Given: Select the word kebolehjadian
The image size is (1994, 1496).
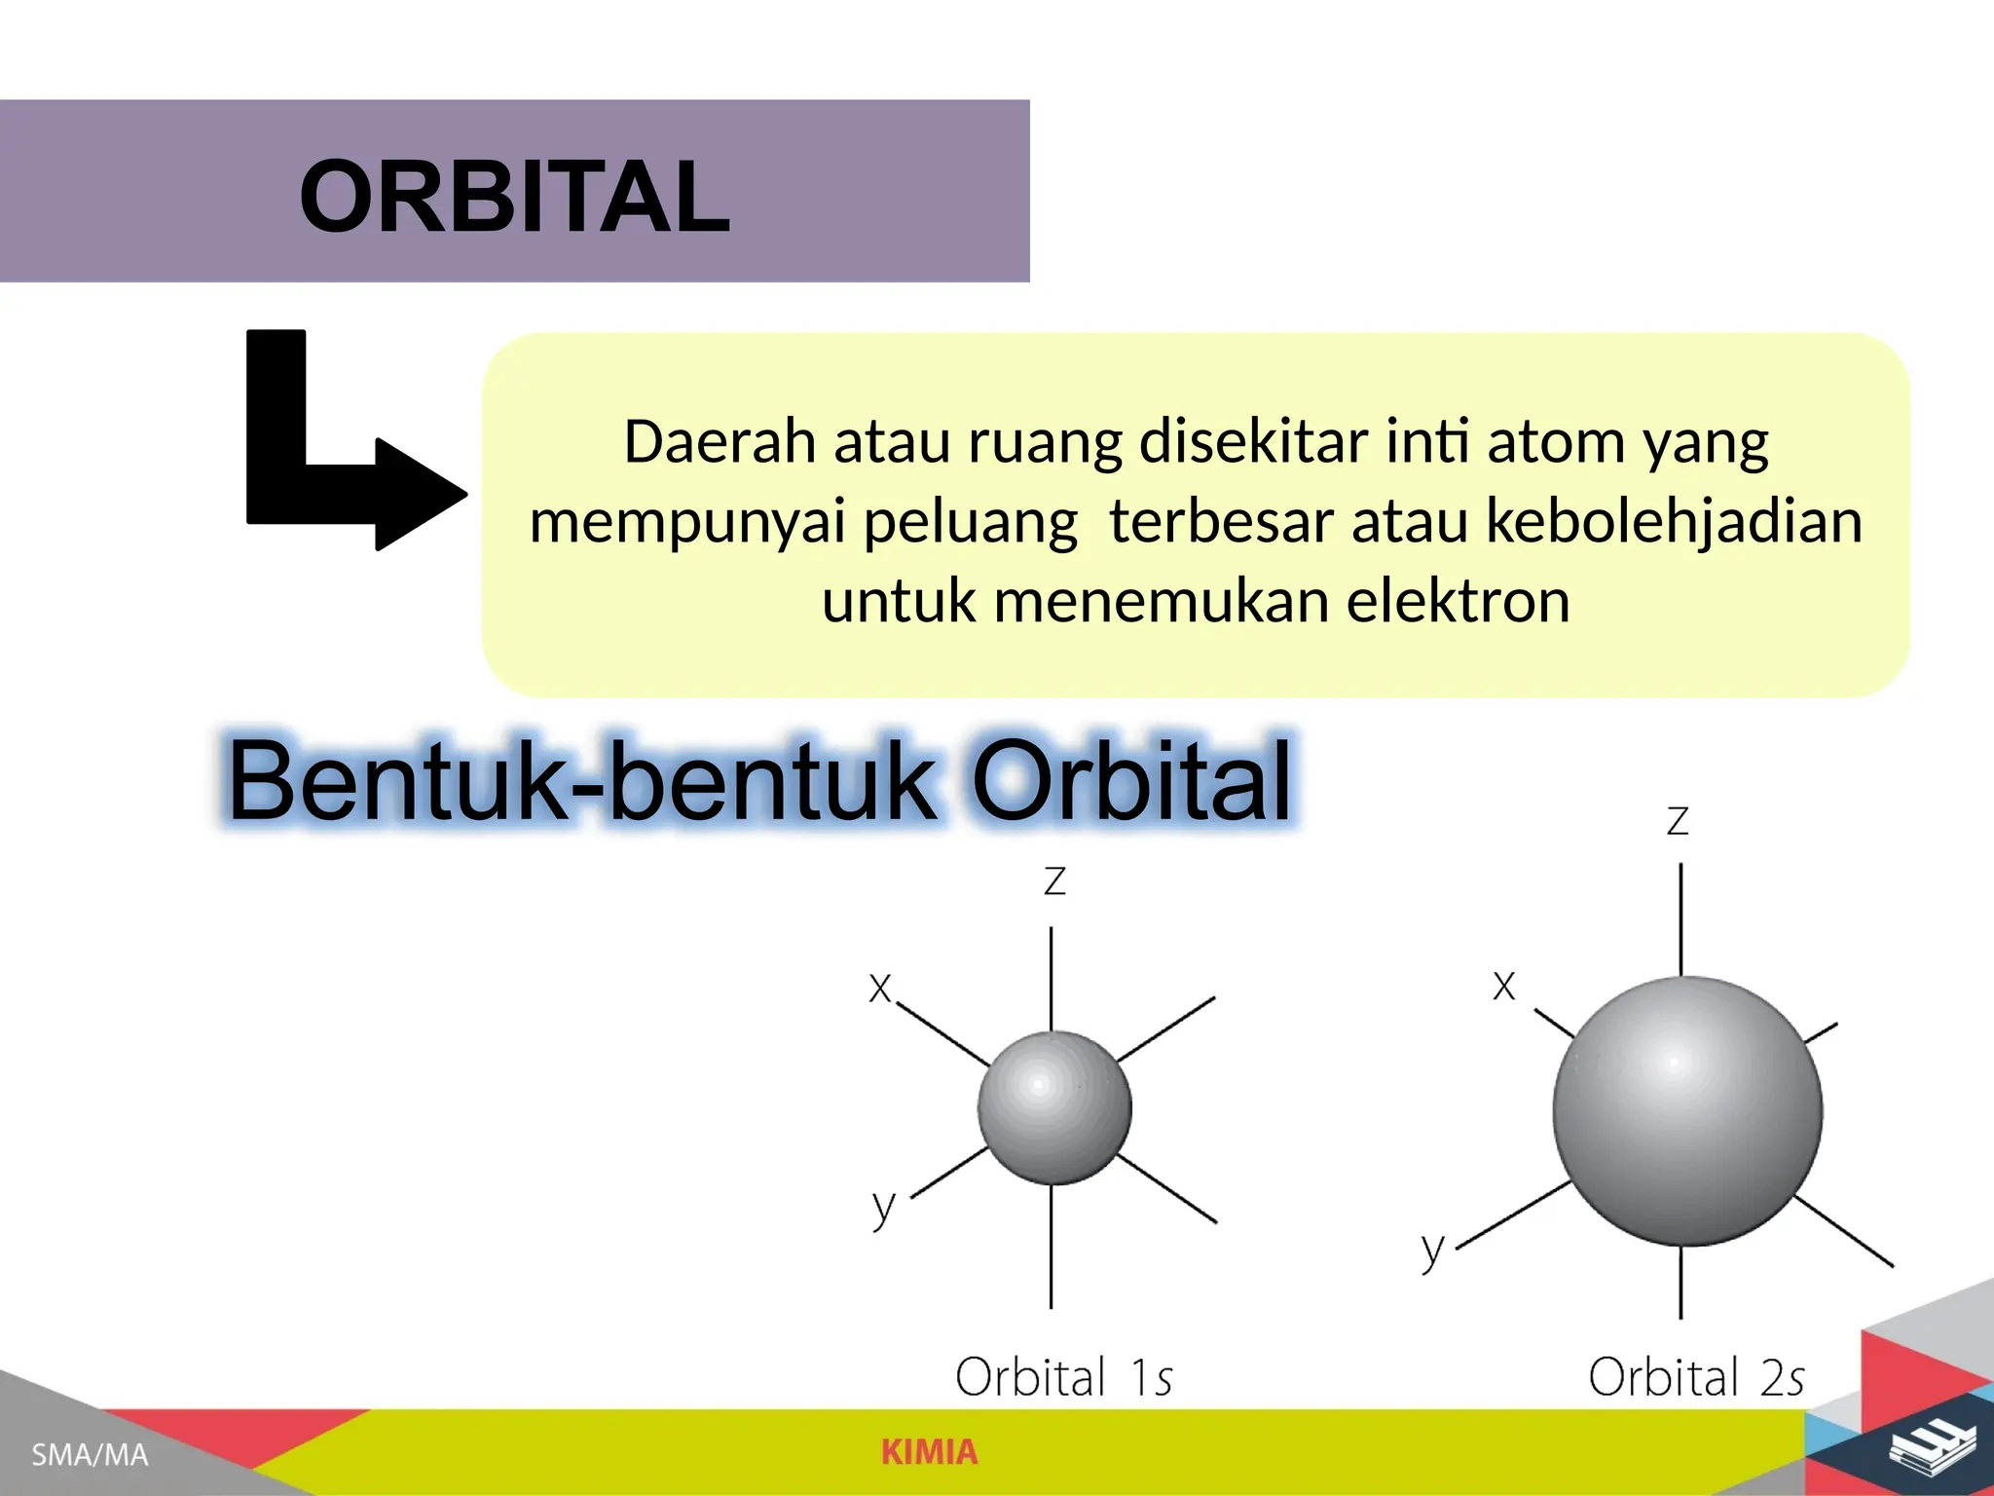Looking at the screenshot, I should point(1674,521).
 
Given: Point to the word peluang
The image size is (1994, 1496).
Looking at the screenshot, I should point(970,522).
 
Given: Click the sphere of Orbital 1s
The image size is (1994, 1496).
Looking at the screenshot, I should point(1054,1107).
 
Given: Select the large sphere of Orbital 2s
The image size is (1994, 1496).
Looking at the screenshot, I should point(1686,1110).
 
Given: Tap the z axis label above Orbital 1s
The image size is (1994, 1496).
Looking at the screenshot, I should point(1054,881).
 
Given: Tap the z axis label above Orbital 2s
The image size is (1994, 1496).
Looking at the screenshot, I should point(1677,821).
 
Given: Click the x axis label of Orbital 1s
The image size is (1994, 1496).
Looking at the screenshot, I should point(880,988).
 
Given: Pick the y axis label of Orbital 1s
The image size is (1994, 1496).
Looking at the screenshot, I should point(883,1207).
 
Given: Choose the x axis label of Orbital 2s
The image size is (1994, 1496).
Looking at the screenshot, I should point(1503,986).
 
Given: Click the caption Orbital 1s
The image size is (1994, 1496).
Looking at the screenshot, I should point(1063,1377).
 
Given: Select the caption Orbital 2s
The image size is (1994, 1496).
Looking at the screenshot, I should point(1695,1377).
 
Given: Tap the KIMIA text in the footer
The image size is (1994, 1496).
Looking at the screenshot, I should point(929,1452).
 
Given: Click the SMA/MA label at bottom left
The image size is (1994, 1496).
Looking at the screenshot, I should point(90,1455).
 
